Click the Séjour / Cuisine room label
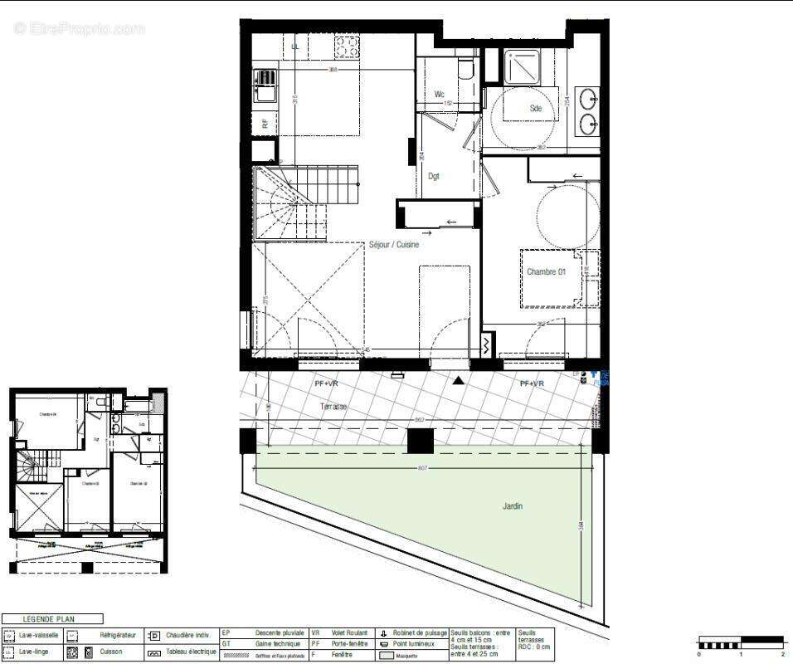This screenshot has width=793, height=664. pos(394,245)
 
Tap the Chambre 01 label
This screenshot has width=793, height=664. pos(546,271)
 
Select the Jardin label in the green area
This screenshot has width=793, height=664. pos(512,505)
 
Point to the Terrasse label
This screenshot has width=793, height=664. pos(333,407)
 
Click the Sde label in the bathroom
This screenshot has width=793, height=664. pos(536,109)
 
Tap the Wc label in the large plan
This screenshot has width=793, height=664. pos(440,95)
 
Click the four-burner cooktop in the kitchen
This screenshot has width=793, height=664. pos(345,48)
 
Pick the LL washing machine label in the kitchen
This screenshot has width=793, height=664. pos(294,46)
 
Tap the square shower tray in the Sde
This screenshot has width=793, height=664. pos(522,66)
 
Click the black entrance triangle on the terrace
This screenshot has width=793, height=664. pos(457,381)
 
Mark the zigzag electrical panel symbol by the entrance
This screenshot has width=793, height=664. pos(486,343)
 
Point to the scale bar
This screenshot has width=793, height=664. pos(741,642)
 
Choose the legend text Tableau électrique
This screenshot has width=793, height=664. pos(192,652)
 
